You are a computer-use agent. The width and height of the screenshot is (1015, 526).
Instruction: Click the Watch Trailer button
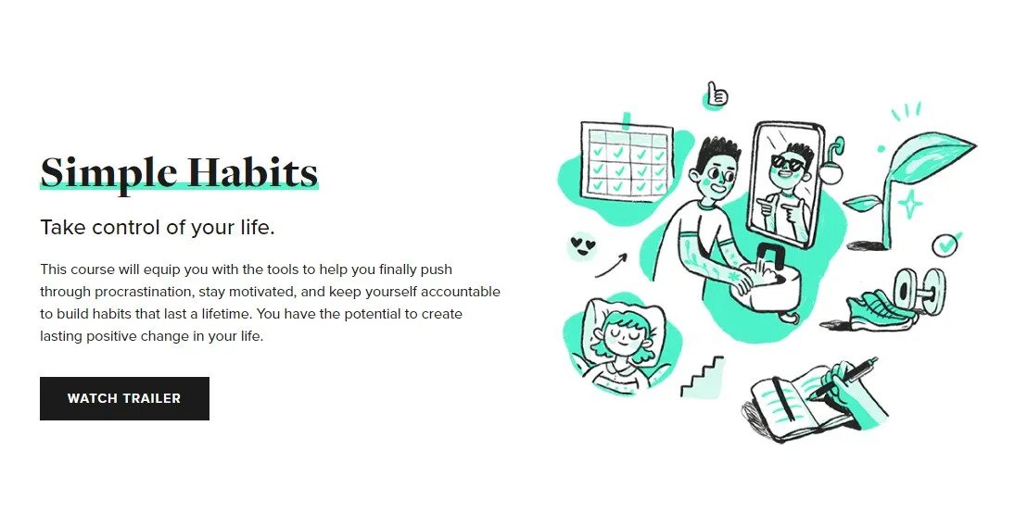[x=124, y=398]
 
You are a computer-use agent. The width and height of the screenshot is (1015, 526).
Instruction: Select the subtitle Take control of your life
[x=157, y=228]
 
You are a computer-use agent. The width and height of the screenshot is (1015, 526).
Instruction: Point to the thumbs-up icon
[x=716, y=94]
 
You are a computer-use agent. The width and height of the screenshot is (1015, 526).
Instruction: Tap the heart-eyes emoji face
[x=581, y=246]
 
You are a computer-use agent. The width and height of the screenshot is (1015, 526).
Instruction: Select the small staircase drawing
[x=701, y=374]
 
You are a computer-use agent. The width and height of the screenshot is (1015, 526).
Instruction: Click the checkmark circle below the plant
[x=945, y=245]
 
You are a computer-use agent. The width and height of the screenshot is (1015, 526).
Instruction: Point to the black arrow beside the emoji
[x=611, y=265]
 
